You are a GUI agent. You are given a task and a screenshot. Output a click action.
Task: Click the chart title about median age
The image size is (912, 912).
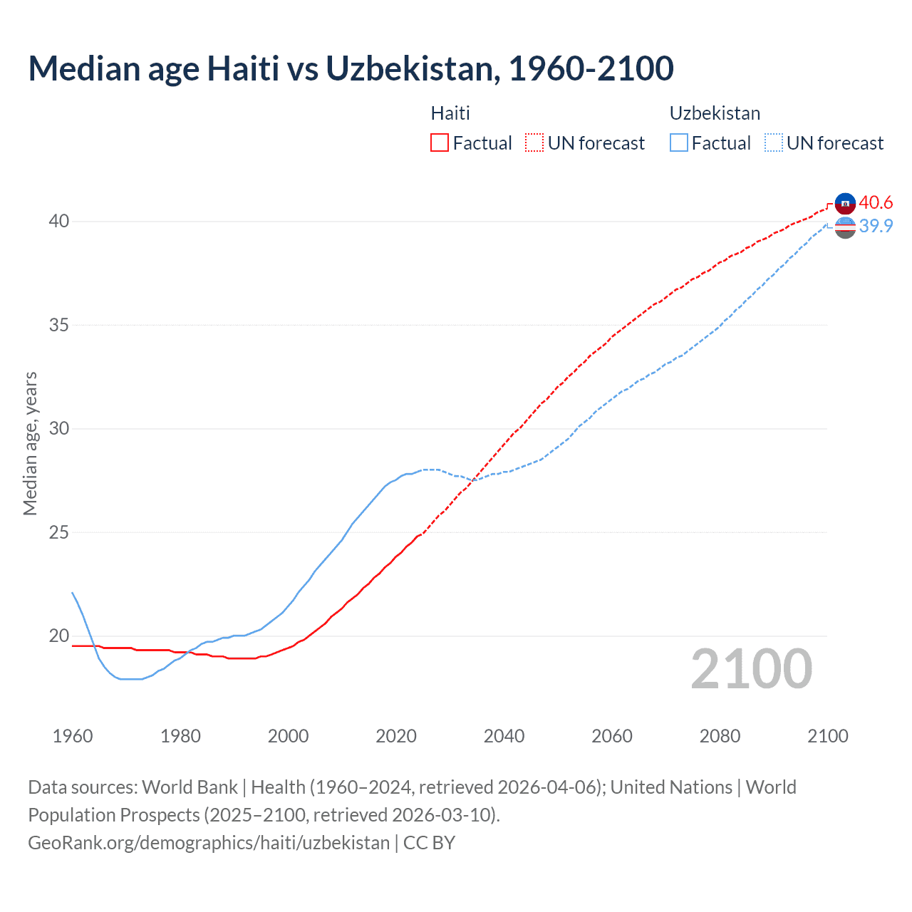coord(351,68)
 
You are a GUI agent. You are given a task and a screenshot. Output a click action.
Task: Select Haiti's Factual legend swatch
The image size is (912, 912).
coord(440,143)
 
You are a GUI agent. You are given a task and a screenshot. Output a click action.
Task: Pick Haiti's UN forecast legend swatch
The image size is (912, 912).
coord(534,143)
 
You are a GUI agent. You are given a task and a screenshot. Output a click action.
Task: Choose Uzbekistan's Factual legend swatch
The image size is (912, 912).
coord(679,143)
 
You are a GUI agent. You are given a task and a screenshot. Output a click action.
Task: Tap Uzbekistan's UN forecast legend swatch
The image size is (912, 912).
coord(774,143)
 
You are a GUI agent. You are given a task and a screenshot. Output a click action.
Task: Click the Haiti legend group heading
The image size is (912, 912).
coord(450,113)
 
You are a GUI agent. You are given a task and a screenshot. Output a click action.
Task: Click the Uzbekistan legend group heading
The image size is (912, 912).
coord(715,113)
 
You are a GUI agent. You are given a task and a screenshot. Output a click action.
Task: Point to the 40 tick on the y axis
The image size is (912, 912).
coord(59,222)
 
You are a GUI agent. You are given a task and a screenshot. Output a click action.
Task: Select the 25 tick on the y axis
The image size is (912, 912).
coord(59,532)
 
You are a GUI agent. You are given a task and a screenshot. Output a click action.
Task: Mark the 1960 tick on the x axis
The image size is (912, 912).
coord(73,736)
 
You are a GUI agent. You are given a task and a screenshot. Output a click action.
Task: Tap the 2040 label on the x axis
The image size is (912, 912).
coord(504,736)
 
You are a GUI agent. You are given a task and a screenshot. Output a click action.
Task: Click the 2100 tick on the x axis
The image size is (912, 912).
coord(827,736)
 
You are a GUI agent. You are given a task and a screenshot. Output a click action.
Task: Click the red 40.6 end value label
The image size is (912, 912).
coord(876,203)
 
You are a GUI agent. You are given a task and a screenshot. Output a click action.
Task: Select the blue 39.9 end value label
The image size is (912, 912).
coord(876,226)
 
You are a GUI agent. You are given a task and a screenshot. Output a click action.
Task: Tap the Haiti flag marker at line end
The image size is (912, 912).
coord(845,203)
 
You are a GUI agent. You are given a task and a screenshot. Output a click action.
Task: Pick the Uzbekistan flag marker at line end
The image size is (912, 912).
coord(845,228)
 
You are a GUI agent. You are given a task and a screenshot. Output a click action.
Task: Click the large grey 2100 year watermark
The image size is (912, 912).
coord(751,669)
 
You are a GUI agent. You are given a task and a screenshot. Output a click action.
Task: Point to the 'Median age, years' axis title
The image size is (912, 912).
coord(30,443)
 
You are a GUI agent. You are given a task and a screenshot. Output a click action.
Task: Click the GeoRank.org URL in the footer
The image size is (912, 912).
coord(209,843)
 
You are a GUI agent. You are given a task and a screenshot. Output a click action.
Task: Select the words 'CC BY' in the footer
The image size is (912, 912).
coord(429,843)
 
